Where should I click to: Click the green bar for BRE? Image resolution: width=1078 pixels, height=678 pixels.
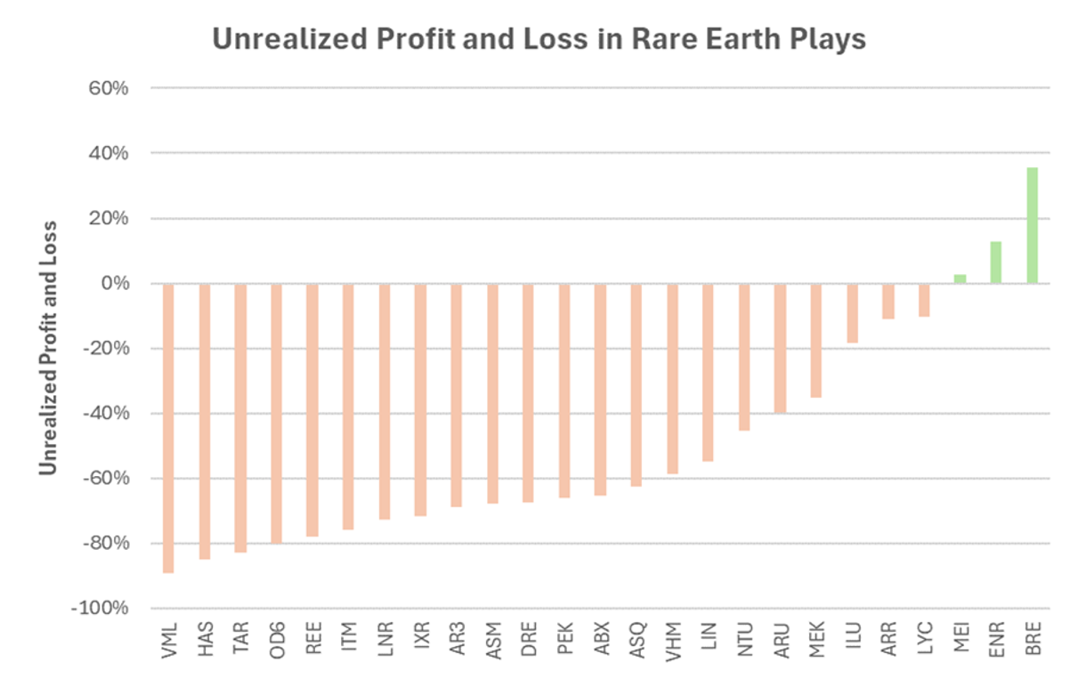coord(1032,225)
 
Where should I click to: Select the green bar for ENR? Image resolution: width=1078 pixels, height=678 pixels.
coord(996,262)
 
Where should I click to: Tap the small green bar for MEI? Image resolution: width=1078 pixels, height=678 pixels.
coord(960,278)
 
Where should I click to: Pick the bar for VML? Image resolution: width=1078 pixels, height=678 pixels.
coord(168,428)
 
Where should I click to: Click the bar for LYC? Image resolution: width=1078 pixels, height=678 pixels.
coord(924,300)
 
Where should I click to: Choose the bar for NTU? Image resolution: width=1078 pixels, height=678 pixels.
coord(743,357)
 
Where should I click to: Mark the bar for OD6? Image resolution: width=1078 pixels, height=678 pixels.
coord(276,414)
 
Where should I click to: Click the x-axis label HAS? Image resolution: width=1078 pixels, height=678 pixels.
coord(205,639)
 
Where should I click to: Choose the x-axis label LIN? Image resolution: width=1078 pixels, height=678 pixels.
coord(709,637)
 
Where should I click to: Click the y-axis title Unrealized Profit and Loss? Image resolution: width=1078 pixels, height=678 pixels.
coord(49,348)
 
